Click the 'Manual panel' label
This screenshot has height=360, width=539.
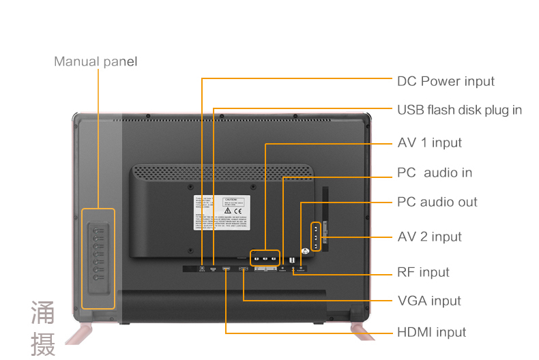pos(96,62)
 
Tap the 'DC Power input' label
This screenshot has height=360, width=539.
pos(446,81)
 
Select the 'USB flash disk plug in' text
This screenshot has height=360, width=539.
pos(459,110)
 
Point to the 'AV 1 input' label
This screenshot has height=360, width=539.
pos(429,142)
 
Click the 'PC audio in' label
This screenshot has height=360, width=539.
pos(435,172)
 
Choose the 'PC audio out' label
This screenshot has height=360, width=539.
pos(437,202)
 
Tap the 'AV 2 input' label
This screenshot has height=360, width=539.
pos(429,237)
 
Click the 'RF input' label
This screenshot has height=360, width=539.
pos(423,272)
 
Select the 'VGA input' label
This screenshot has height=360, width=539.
pos(429,301)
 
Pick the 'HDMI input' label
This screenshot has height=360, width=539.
pos(432,332)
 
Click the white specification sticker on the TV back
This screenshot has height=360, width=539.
pos(222,215)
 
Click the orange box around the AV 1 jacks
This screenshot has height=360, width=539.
pos(264,258)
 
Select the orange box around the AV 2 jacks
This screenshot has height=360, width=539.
pos(316,237)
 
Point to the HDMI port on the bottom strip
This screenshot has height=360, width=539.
pos(226,269)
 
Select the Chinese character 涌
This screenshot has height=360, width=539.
pos(43,312)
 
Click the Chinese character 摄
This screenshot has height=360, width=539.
pos(43,344)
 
